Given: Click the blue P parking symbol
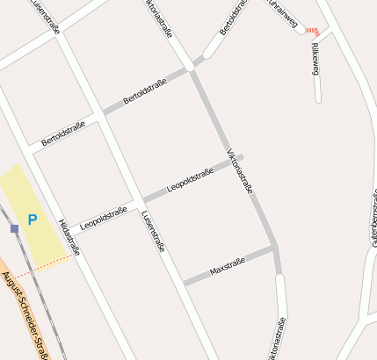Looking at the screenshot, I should click(x=33, y=220).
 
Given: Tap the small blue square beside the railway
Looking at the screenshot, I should click(x=14, y=228).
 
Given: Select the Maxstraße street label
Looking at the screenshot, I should click(x=228, y=267).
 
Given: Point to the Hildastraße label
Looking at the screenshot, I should click(x=69, y=237).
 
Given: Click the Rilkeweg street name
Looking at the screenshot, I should click(x=315, y=58).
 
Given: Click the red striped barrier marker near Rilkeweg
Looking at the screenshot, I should click(x=313, y=31).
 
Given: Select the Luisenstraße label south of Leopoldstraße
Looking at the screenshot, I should click(x=153, y=230).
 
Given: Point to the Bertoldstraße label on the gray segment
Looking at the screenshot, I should click(x=145, y=91).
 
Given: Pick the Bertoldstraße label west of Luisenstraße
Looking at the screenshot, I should click(x=63, y=133).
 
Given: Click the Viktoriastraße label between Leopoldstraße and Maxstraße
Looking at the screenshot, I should click(x=240, y=171).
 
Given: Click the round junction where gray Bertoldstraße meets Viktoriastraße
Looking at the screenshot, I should click(x=190, y=67).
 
